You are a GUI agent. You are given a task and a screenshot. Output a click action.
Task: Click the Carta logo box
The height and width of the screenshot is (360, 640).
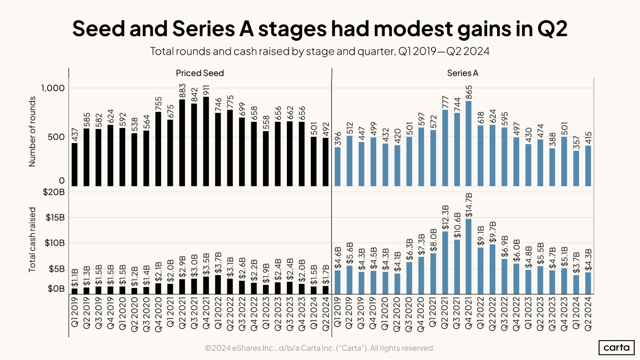click(616, 348)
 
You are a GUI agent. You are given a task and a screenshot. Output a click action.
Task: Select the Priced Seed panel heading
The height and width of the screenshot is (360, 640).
click(200, 73)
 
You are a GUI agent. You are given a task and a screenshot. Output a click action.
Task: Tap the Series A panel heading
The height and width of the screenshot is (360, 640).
click(463, 73)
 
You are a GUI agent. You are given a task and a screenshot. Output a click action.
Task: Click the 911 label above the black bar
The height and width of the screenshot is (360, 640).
click(206, 90)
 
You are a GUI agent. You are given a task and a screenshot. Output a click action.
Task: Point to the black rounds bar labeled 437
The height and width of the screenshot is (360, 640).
click(74, 164)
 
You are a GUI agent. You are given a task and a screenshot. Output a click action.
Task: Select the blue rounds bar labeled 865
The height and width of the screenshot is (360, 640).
click(468, 144)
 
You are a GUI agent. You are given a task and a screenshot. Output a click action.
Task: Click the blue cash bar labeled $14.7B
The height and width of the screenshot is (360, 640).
click(468, 256)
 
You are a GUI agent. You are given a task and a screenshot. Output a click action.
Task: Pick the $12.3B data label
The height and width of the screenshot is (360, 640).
click(445, 218)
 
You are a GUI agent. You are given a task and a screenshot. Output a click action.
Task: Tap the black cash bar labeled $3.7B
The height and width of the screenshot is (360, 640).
click(218, 284)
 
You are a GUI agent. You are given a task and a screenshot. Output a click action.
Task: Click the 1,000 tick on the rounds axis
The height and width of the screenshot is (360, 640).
click(53, 88)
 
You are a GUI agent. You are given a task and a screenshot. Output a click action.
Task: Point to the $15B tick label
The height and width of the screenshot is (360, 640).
click(55, 218)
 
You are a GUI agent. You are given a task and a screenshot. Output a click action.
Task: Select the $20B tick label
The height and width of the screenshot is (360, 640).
click(54, 192)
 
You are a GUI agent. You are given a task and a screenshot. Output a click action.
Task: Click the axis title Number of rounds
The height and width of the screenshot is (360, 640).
click(32, 132)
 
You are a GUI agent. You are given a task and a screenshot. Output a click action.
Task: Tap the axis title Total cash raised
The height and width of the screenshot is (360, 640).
click(32, 240)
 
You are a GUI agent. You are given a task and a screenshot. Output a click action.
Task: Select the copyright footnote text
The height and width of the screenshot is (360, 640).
click(320, 348)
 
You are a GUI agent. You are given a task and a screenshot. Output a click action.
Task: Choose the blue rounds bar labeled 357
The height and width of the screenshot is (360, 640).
click(576, 168)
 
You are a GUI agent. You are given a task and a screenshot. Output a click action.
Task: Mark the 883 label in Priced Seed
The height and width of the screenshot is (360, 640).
click(182, 91)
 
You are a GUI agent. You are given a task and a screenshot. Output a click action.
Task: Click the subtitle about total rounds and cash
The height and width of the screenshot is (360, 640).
click(320, 51)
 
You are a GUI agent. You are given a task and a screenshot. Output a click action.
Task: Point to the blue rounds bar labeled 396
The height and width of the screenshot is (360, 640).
click(337, 166)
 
